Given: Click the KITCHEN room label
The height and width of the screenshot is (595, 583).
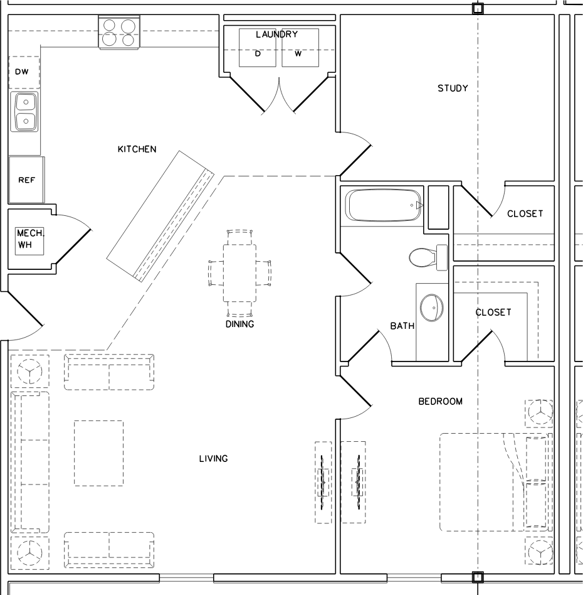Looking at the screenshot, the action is pyautogui.click(x=137, y=149).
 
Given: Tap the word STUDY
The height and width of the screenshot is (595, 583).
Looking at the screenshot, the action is pyautogui.click(x=453, y=88).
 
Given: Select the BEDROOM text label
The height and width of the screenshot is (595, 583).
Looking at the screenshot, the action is pyautogui.click(x=441, y=402).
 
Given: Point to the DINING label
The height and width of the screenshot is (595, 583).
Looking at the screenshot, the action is pyautogui.click(x=239, y=324).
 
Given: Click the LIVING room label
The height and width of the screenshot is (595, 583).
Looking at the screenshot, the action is pyautogui.click(x=213, y=459).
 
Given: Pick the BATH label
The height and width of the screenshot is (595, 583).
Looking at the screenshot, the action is pyautogui.click(x=402, y=326).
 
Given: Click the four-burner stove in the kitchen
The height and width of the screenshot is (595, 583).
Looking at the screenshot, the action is pyautogui.click(x=119, y=32).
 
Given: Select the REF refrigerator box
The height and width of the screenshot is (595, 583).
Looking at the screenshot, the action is pyautogui.click(x=26, y=180).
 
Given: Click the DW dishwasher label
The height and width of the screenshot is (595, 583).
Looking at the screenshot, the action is pyautogui.click(x=21, y=72).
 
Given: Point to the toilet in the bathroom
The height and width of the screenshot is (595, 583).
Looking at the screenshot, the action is pyautogui.click(x=428, y=257).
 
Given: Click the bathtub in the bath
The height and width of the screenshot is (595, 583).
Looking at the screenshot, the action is pyautogui.click(x=385, y=205).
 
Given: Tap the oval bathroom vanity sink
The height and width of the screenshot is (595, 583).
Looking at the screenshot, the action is pyautogui.click(x=432, y=308).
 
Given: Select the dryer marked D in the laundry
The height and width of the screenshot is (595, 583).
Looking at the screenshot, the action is pyautogui.click(x=258, y=48).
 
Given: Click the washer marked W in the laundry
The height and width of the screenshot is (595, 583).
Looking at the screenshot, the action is pyautogui.click(x=300, y=48).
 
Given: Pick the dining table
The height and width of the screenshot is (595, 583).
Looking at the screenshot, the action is pyautogui.click(x=239, y=273).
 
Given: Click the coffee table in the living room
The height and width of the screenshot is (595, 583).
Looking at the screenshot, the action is pyautogui.click(x=98, y=453).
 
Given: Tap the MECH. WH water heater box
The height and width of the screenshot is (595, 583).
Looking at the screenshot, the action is pyautogui.click(x=29, y=240).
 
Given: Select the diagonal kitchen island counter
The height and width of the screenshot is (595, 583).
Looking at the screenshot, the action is pyautogui.click(x=160, y=217).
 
